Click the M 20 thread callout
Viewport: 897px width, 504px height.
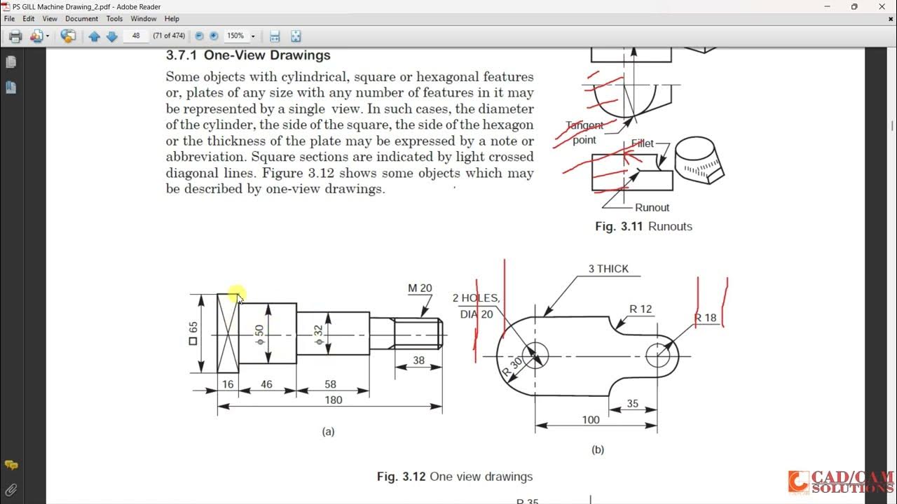pos(420,288)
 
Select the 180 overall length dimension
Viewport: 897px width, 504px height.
pos(334,400)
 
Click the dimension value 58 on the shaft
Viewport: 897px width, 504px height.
pos(331,384)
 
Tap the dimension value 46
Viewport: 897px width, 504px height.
pos(266,384)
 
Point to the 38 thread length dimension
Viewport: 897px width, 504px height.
pos(418,360)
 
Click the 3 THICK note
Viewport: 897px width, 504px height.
pos(608,269)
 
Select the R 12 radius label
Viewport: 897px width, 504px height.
pos(640,309)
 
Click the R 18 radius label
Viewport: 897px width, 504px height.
pos(705,318)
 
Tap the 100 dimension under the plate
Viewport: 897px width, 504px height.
pos(591,419)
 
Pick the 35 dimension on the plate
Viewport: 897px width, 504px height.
pos(632,403)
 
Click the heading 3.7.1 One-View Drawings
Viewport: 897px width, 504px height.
pos(248,55)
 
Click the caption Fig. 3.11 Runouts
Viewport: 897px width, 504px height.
pos(643,226)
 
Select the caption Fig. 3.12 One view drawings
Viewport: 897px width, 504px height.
pos(454,477)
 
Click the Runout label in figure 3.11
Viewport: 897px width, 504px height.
pos(652,207)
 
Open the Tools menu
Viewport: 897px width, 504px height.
pos(114,19)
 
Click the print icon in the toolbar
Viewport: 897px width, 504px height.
pos(15,36)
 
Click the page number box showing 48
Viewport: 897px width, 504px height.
pos(136,36)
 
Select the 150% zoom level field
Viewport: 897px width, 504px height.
pos(235,36)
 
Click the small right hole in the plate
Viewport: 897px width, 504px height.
pos(657,356)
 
